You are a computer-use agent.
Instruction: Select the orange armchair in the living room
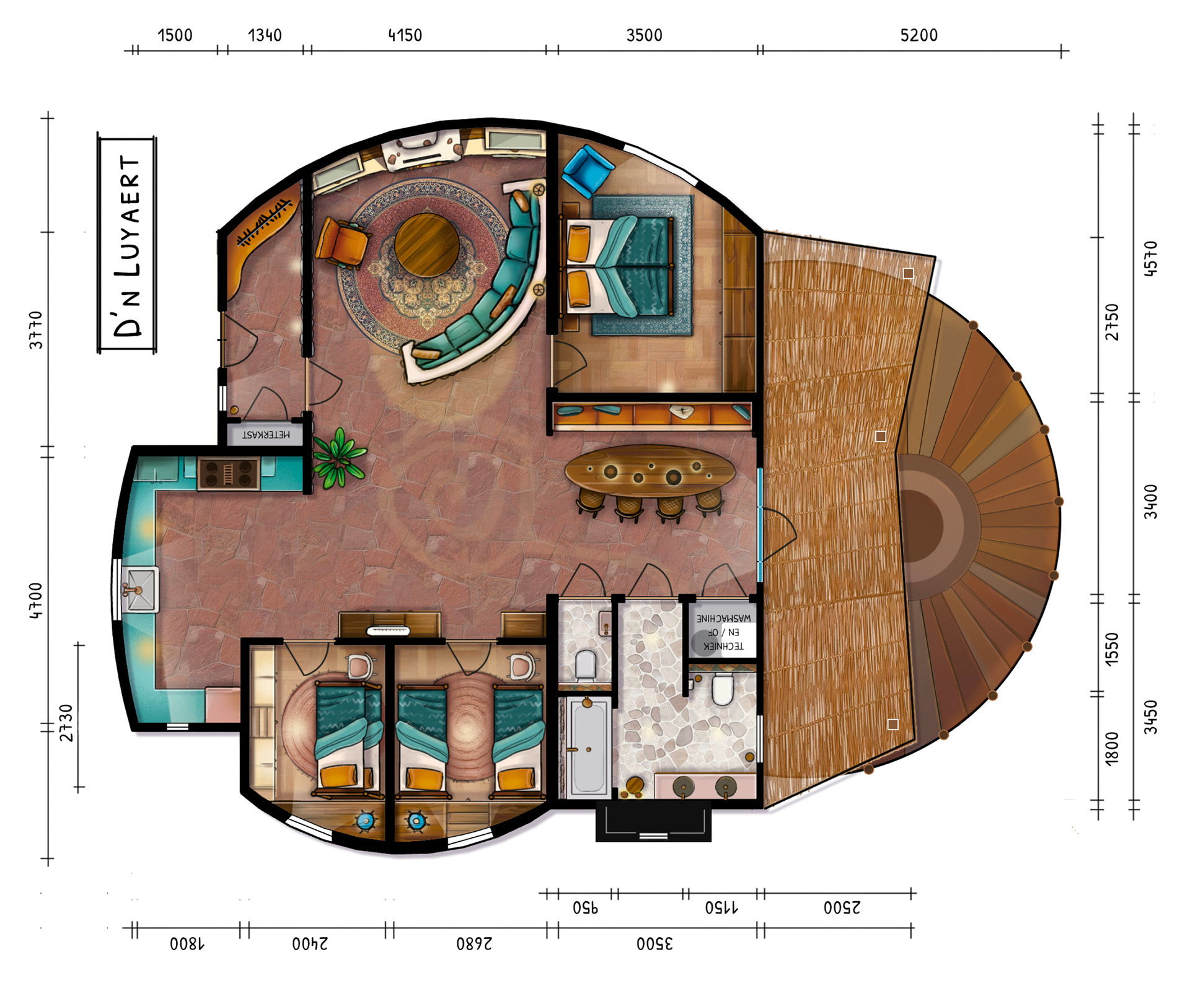click(341, 242)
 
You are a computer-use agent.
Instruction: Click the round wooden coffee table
click(427, 245)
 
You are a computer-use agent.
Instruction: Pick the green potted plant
click(339, 457)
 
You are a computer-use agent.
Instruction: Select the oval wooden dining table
click(650, 472)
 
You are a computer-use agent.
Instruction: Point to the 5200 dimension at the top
click(919, 35)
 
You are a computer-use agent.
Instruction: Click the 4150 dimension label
click(405, 35)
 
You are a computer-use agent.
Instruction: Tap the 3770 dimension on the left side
click(36, 330)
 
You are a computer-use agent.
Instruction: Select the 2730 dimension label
click(66, 723)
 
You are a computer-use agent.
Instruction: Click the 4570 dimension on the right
click(1150, 258)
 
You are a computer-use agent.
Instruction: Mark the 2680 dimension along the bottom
click(474, 943)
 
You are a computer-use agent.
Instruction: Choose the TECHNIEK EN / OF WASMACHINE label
click(723, 632)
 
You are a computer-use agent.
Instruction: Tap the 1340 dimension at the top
click(265, 35)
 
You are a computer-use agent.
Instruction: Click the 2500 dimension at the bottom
click(842, 908)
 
